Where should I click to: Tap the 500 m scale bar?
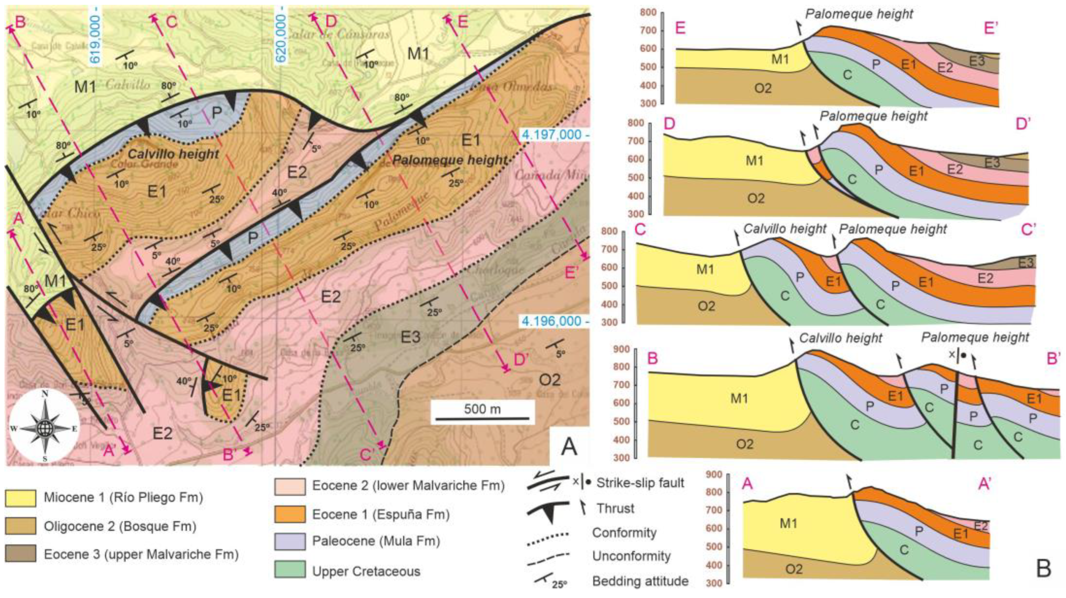point(482,418)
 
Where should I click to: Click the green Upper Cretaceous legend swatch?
point(290,571)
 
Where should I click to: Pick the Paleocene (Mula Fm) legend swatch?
point(290,541)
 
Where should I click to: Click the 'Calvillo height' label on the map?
point(173,154)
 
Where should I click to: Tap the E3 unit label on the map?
point(411,337)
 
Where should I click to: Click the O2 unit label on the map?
point(550,379)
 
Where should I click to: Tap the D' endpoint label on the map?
point(521,360)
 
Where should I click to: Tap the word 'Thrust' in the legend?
point(615,508)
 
